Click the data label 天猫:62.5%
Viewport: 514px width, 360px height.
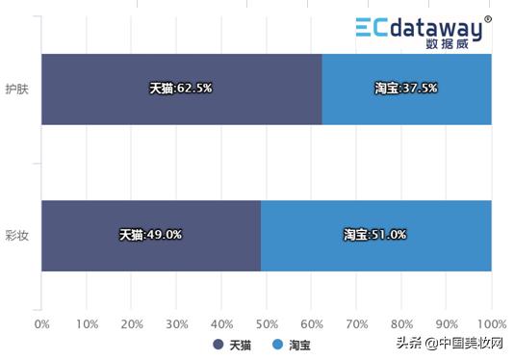click(180, 88)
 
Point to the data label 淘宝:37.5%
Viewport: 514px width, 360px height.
click(406, 88)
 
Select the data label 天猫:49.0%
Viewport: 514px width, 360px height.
click(150, 234)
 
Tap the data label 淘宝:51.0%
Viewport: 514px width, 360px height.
click(375, 234)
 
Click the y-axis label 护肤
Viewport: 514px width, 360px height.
click(16, 89)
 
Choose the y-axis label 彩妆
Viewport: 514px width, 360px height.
click(16, 235)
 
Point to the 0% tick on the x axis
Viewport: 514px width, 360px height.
click(41, 324)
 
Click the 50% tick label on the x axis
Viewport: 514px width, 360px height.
click(267, 324)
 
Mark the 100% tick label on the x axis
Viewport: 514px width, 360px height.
click(491, 324)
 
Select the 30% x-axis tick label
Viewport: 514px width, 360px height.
click(176, 324)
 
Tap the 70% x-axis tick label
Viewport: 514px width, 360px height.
click(356, 324)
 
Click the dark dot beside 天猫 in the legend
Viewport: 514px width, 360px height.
click(218, 344)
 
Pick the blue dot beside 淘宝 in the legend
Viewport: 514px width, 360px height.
click(276, 344)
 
